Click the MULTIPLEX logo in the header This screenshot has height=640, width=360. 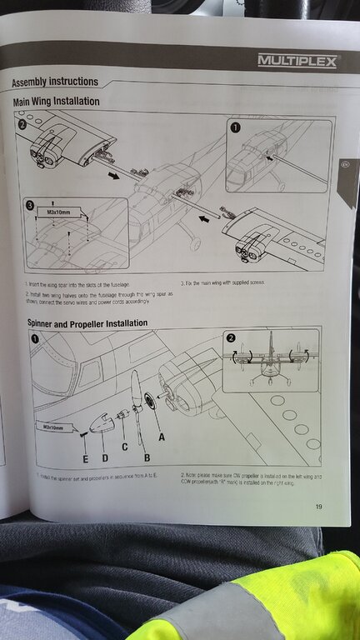297,61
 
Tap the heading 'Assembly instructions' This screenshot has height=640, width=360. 55,82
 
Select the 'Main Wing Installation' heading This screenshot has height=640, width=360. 57,101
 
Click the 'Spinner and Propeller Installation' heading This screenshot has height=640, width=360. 82,322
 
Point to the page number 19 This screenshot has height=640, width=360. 319,506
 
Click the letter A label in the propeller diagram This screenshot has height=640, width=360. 161,435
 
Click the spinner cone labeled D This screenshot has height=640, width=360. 102,426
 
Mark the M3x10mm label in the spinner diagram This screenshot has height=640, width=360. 53,426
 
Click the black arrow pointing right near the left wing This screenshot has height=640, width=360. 110,176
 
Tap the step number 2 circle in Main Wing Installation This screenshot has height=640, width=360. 22,123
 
